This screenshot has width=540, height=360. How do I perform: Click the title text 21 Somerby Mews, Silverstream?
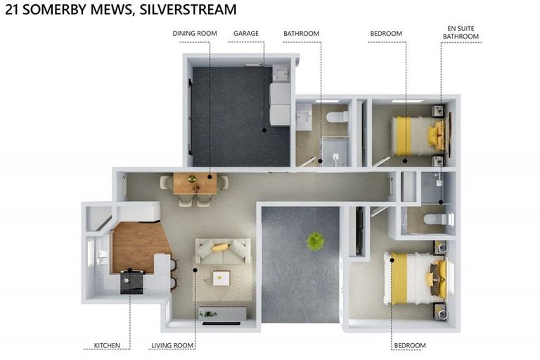[120, 10]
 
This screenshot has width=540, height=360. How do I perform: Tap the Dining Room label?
[195, 33]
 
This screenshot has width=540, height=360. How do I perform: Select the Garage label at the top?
[246, 33]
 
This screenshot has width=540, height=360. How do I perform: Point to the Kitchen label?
[112, 345]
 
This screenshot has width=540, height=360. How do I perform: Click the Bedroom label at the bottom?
[409, 345]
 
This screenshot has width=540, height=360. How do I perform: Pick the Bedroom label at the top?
[386, 33]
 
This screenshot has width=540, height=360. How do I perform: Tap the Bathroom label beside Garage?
[301, 33]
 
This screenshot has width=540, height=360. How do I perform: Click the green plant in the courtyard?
[315, 240]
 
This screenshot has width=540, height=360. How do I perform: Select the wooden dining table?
[195, 184]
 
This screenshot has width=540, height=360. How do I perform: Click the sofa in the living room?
[222, 250]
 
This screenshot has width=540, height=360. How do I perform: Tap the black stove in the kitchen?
[131, 282]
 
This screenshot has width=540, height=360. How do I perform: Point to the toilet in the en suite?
[435, 219]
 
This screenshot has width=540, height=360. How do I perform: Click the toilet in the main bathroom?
[338, 116]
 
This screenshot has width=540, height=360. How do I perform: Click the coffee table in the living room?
[221, 278]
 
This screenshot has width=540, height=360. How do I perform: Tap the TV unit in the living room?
[222, 314]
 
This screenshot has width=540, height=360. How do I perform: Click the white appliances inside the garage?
[280, 102]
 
